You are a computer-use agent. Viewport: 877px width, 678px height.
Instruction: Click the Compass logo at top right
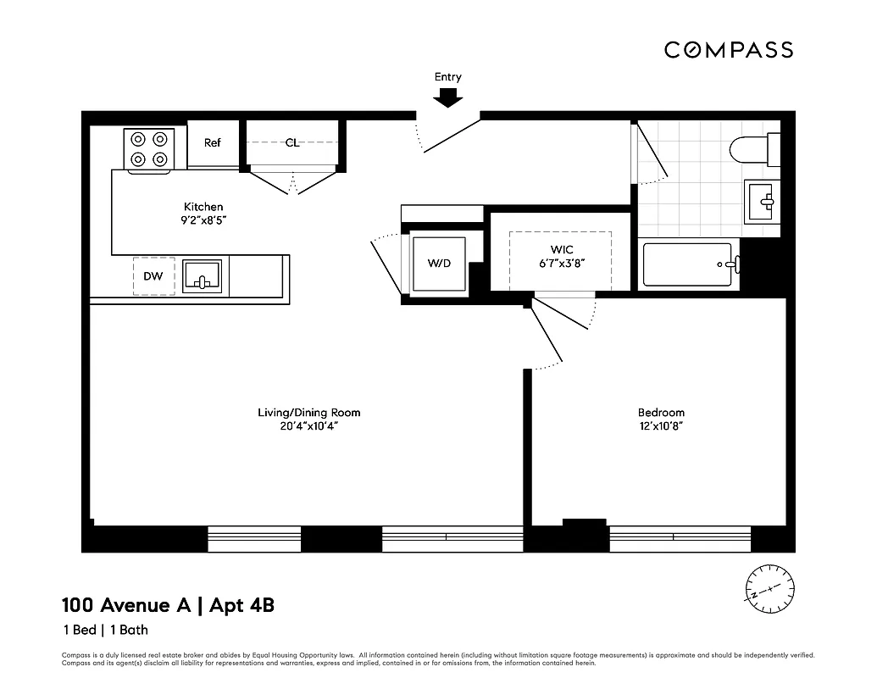click(x=728, y=50)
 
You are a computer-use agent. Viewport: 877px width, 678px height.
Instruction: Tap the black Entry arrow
click(x=448, y=98)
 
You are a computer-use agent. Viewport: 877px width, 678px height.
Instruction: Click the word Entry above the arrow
click(x=448, y=77)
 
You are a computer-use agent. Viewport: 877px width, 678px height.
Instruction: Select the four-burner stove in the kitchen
click(x=149, y=149)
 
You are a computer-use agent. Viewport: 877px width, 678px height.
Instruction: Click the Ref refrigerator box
click(x=213, y=143)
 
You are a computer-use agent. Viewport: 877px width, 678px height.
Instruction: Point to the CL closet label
click(x=292, y=143)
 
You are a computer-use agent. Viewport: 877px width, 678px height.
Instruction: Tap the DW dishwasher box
click(x=153, y=276)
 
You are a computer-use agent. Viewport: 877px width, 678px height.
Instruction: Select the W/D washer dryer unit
click(x=439, y=264)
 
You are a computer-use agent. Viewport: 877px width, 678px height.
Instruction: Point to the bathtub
click(x=687, y=264)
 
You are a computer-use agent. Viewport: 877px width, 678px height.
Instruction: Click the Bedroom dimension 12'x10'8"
click(x=661, y=426)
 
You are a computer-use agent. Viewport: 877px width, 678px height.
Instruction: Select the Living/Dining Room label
click(x=309, y=413)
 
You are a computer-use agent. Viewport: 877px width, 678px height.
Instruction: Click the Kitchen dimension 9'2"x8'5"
click(x=203, y=220)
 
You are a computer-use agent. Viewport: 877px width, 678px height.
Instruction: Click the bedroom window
click(x=680, y=539)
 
